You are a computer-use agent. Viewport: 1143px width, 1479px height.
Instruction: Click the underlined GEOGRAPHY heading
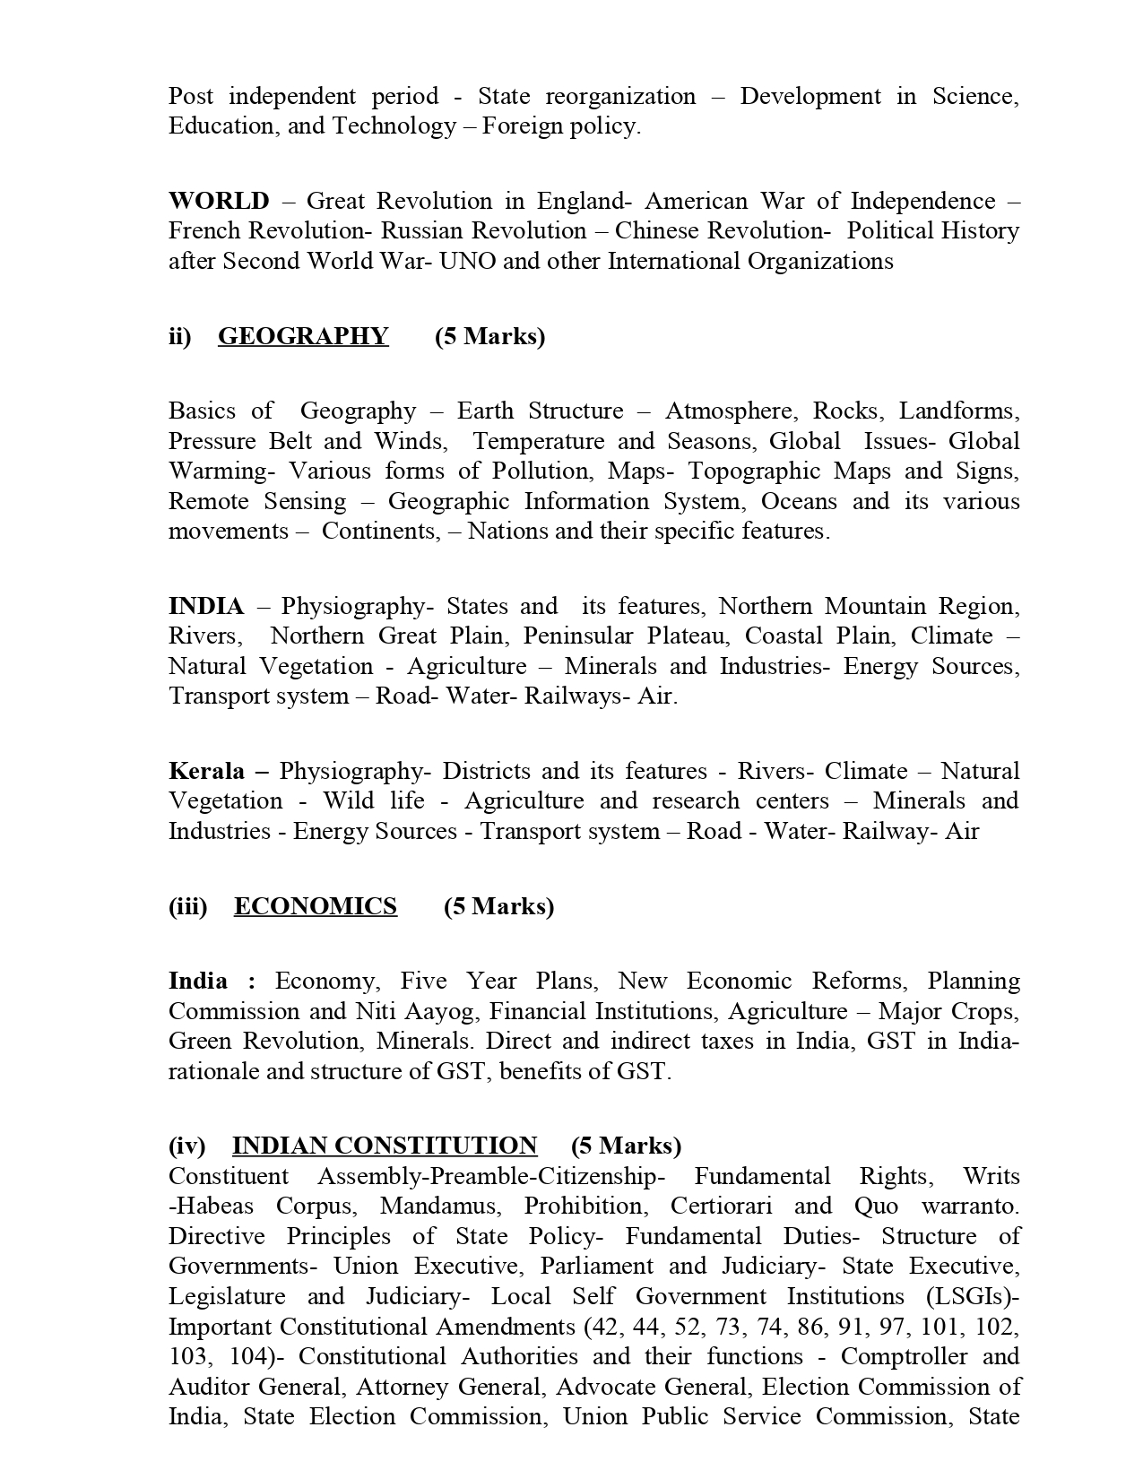[x=303, y=336]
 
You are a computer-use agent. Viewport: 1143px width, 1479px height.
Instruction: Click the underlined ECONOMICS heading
[x=315, y=906]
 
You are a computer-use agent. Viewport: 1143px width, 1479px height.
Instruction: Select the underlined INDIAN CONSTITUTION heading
[x=384, y=1146]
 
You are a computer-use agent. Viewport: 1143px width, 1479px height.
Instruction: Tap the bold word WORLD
[x=219, y=201]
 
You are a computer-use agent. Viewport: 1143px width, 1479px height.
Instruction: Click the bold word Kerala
[x=207, y=771]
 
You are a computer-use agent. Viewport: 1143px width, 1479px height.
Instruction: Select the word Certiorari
[x=723, y=1206]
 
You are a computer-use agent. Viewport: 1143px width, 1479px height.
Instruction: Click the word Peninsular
[x=578, y=636]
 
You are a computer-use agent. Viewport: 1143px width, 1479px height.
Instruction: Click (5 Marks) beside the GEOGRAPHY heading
[x=489, y=336]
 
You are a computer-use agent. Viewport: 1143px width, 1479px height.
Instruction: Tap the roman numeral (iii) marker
[x=187, y=906]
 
